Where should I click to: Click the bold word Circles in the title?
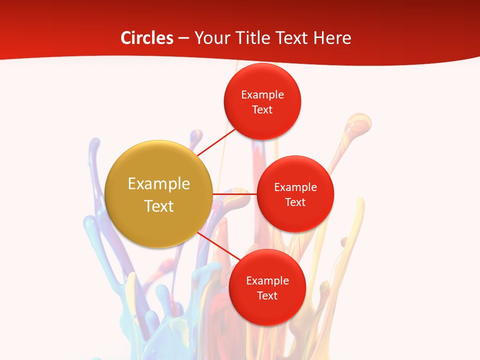(x=146, y=38)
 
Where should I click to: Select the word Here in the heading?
(x=332, y=38)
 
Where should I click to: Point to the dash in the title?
(x=183, y=38)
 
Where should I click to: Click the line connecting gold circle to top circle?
(x=216, y=142)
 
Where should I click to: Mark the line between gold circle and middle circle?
(x=234, y=193)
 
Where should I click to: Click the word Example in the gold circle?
(x=159, y=184)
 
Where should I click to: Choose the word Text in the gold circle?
(x=159, y=206)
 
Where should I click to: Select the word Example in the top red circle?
(x=262, y=94)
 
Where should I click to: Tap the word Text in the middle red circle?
(x=295, y=202)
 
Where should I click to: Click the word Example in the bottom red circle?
(x=267, y=280)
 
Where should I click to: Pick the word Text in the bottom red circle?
(x=267, y=295)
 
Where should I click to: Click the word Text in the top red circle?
(x=262, y=109)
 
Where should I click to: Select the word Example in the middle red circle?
(x=295, y=187)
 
